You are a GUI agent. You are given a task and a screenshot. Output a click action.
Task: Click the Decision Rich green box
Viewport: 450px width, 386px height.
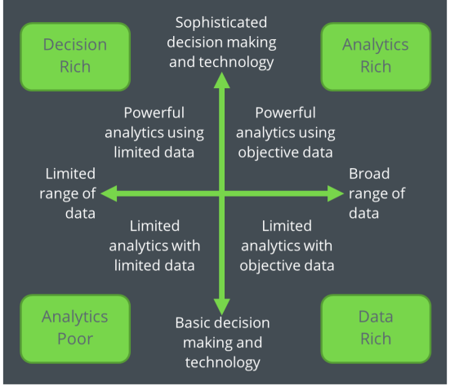75,56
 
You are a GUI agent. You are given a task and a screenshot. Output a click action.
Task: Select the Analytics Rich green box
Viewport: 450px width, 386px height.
376,56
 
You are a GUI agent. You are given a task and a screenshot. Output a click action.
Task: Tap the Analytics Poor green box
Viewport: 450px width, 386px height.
75,329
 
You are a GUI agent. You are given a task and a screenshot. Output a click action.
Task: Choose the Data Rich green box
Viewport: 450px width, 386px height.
376,329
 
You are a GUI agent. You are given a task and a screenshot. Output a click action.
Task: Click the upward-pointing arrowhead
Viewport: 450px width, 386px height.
222,80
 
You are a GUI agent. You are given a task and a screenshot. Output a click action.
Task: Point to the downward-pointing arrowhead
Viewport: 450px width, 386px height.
222,307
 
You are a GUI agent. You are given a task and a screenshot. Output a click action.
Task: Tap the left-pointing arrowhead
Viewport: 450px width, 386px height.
109,193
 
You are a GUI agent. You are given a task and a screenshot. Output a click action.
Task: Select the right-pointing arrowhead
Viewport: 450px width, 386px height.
336,193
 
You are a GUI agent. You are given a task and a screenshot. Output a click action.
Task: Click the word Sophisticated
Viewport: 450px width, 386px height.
221,23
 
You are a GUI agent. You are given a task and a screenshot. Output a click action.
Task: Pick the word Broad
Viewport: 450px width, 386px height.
369,174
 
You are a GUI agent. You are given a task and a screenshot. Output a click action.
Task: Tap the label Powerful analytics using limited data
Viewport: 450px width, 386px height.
154,132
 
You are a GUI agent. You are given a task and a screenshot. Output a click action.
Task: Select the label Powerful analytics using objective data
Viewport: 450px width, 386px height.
286,132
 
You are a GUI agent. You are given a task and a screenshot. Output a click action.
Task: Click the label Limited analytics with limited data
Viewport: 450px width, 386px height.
154,246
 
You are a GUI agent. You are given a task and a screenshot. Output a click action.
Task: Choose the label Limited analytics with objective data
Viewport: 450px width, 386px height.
287,246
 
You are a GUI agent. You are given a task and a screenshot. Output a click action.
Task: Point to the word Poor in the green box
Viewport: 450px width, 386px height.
75,339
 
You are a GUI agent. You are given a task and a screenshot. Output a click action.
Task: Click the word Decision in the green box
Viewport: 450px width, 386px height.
75,45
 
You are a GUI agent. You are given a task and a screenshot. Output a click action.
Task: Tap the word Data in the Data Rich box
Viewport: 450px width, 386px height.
376,317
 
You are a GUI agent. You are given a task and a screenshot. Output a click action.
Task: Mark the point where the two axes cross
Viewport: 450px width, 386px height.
222,193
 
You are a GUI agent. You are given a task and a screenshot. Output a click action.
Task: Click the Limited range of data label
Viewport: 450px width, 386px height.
68,193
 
